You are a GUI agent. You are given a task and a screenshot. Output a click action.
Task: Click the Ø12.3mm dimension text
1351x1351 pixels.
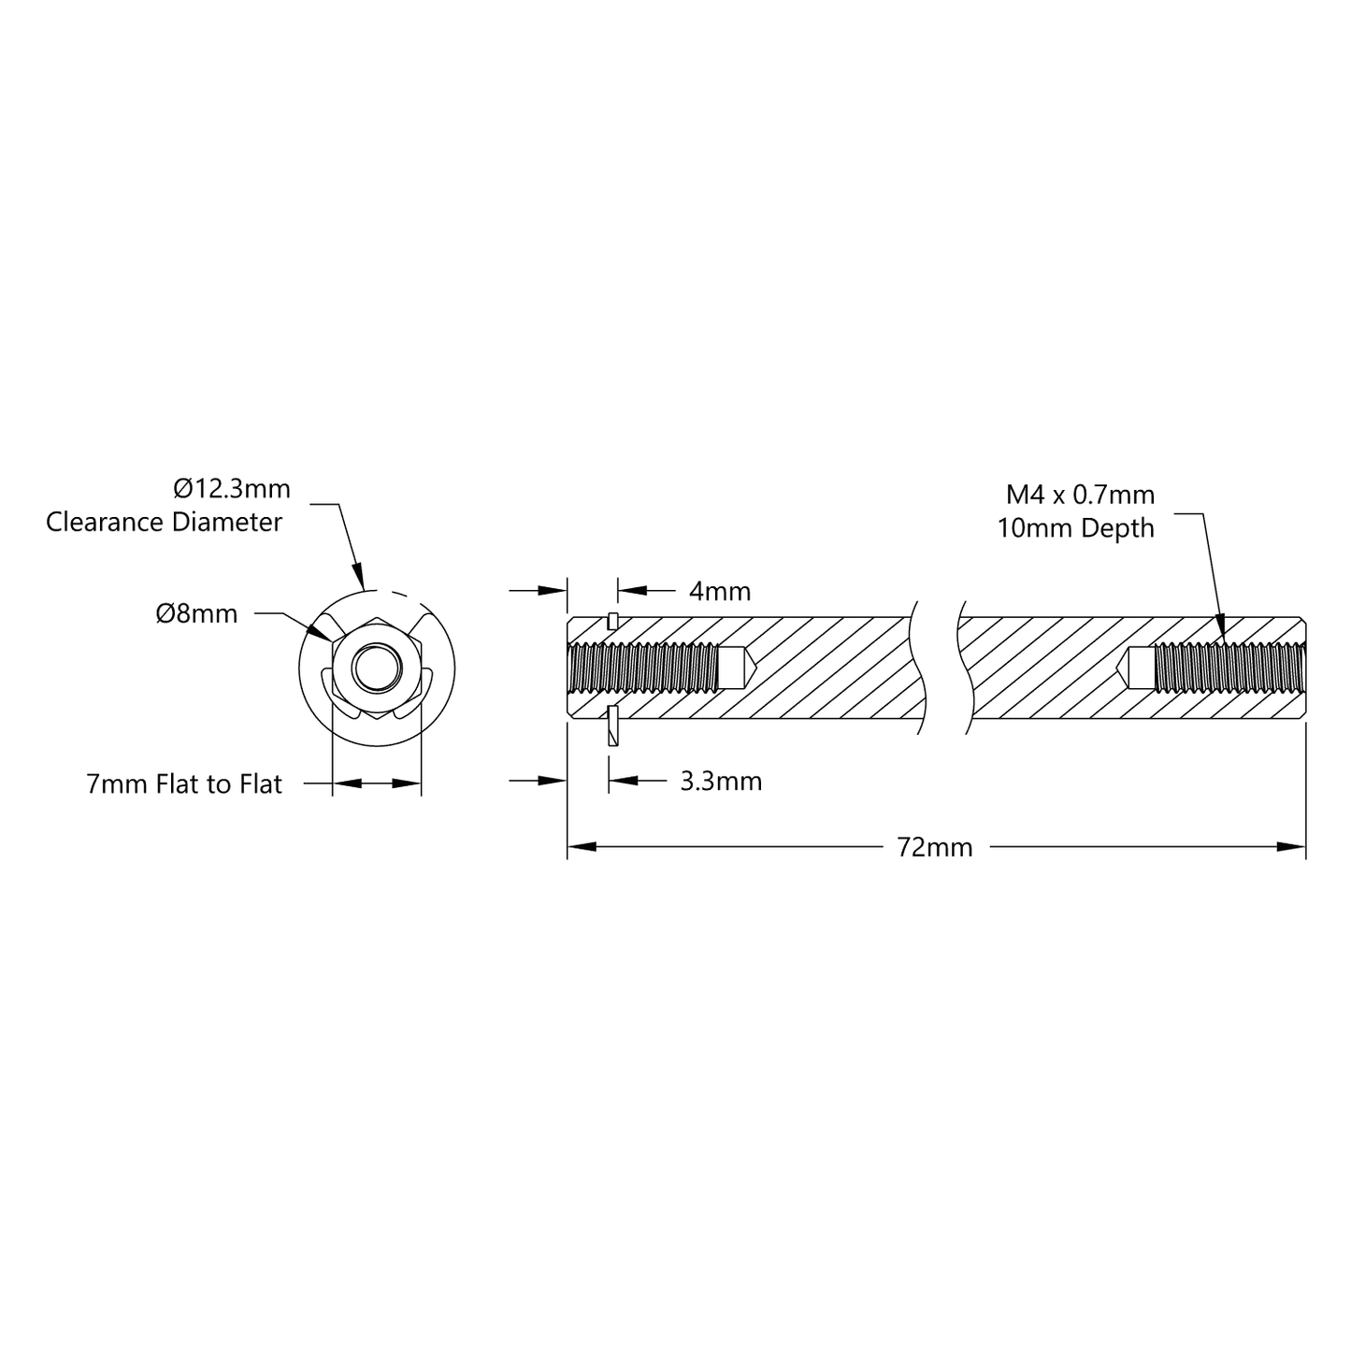(x=232, y=489)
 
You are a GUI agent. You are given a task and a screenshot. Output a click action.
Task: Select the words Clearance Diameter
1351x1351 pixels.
(x=164, y=522)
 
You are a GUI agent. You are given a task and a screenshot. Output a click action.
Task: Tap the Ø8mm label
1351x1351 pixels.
(x=196, y=614)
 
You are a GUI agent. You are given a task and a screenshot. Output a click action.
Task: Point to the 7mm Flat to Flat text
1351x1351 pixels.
(x=183, y=783)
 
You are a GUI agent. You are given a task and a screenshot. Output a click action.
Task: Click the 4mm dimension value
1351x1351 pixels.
(x=719, y=591)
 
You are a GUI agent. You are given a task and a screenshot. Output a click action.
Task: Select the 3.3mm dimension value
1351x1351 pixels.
(x=720, y=781)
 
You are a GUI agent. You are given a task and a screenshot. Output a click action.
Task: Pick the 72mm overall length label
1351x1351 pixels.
(x=934, y=847)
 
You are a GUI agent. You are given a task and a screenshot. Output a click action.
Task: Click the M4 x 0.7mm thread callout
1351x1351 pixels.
(x=1080, y=495)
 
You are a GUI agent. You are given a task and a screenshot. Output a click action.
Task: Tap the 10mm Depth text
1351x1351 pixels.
(x=1075, y=528)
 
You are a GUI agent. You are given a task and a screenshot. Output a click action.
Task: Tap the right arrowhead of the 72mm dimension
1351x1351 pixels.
(x=1292, y=847)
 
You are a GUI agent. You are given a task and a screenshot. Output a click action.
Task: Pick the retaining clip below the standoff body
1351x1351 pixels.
(x=612, y=726)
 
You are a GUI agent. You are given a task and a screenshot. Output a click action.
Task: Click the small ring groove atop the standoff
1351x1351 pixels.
(x=611, y=620)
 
